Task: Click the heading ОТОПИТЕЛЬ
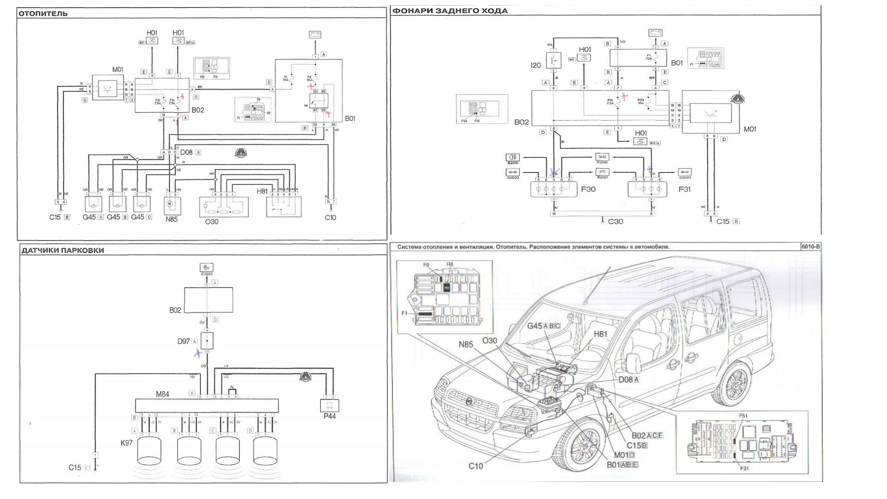coord(43,14)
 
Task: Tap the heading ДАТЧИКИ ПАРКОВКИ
coord(62,250)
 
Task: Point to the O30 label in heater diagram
coord(212,222)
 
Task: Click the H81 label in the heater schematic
coord(262,191)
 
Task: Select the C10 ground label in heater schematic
coord(330,218)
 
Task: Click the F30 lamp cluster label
coord(589,189)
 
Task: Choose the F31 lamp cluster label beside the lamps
coord(685,189)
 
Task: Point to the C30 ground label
coord(615,222)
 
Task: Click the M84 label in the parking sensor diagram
coord(162,394)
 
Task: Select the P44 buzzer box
coord(329,405)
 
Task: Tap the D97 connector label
coord(184,341)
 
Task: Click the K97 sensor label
coord(127,443)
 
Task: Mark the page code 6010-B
coord(811,247)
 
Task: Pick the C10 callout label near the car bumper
coord(476,466)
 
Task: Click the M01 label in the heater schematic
coord(118,70)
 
